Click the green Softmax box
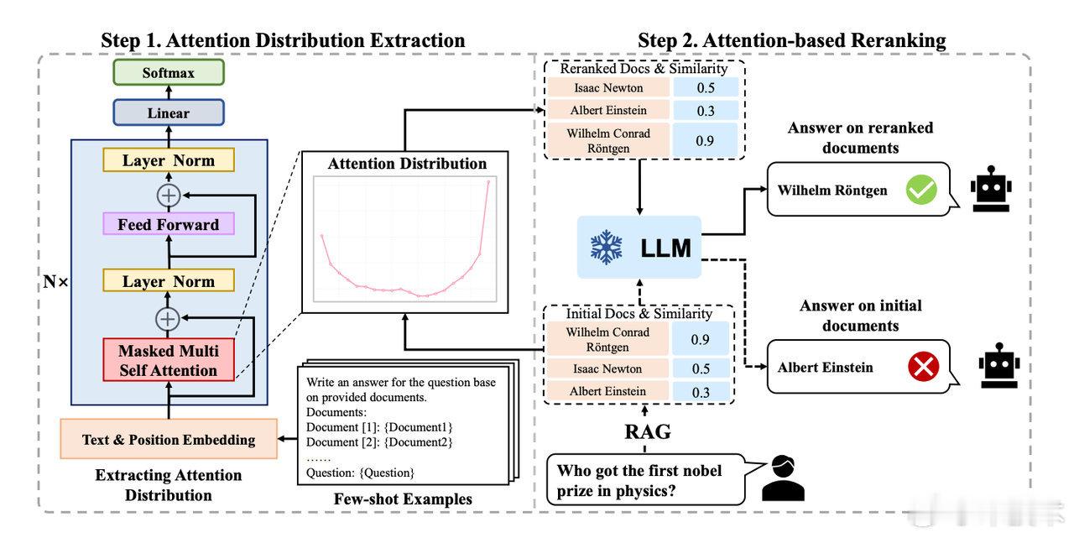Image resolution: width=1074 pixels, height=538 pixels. click(x=169, y=73)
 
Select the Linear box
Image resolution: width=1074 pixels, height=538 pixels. click(x=169, y=112)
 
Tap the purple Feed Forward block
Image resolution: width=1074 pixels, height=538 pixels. click(x=169, y=224)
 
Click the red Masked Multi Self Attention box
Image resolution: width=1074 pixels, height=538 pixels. click(x=168, y=361)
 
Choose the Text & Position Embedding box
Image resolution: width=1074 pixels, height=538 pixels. click(x=169, y=439)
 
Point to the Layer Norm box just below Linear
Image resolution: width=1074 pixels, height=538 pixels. click(x=169, y=160)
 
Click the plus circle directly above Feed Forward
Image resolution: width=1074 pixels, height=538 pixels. click(x=169, y=194)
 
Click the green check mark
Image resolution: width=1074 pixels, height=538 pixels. click(x=920, y=191)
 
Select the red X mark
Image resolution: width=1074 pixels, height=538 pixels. click(x=924, y=368)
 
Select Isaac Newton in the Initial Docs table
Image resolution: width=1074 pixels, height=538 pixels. click(x=607, y=368)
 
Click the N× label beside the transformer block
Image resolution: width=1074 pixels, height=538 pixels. click(x=56, y=282)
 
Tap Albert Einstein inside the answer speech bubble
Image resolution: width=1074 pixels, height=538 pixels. click(x=825, y=368)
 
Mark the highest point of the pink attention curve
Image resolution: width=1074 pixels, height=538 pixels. click(x=487, y=181)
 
